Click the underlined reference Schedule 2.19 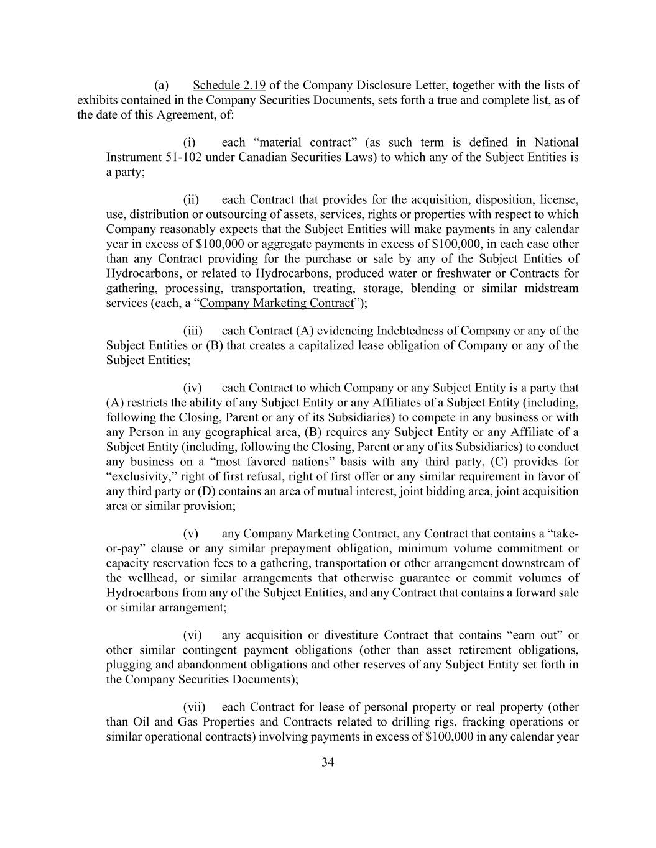point(229,85)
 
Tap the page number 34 point(328,762)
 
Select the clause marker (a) point(162,85)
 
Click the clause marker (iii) point(193,331)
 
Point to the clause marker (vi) point(192,635)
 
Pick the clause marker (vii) point(193,707)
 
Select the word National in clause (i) point(556,142)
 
